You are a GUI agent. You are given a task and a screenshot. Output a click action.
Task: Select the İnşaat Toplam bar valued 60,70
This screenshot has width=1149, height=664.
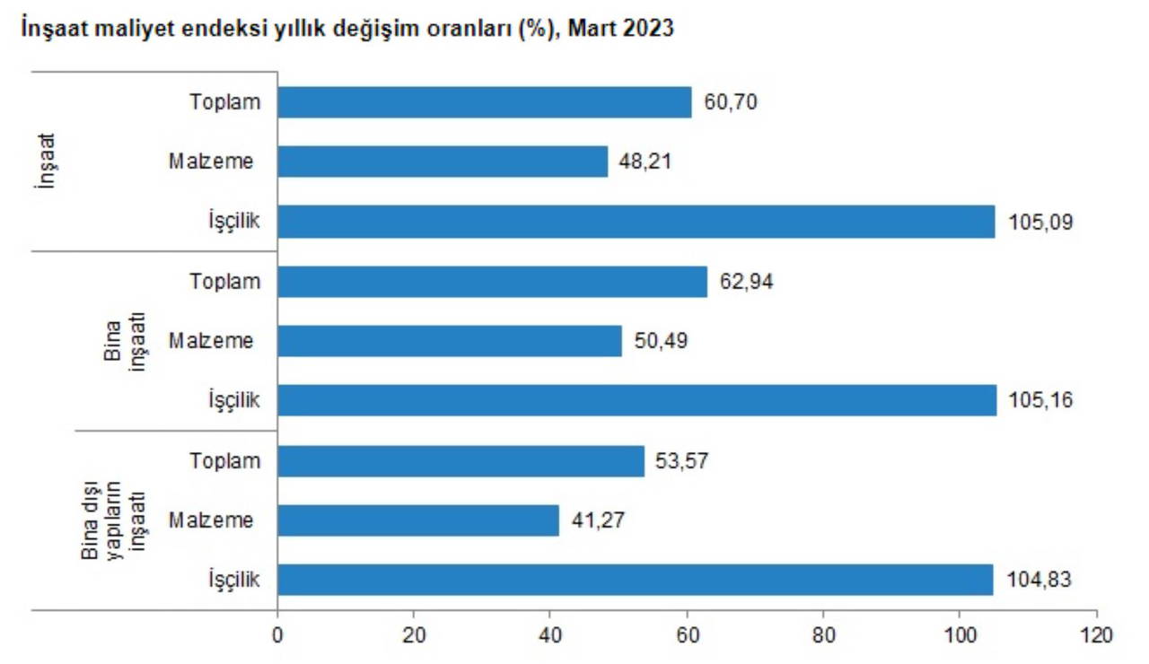click(485, 102)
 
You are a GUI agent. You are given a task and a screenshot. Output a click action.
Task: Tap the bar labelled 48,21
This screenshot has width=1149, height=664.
click(443, 162)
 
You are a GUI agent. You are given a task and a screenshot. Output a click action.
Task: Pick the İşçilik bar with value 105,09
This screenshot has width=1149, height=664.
click(636, 222)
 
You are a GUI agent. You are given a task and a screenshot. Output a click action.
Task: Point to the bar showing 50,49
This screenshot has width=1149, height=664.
click(450, 341)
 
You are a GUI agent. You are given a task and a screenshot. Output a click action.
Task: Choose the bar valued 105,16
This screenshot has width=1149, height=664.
click(636, 400)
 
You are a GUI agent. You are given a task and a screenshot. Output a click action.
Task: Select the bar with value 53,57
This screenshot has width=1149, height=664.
click(460, 461)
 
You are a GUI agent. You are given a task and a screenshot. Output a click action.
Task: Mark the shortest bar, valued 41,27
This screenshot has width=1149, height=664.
click(418, 520)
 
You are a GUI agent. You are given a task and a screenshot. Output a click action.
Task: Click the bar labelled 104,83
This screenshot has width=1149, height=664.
click(635, 580)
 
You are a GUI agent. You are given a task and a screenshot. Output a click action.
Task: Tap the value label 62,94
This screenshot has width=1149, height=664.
click(746, 282)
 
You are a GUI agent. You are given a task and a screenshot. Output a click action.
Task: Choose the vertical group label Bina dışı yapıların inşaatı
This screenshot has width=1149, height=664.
click(113, 520)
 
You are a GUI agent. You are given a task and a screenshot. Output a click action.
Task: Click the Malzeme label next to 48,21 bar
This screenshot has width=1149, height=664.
click(211, 162)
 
